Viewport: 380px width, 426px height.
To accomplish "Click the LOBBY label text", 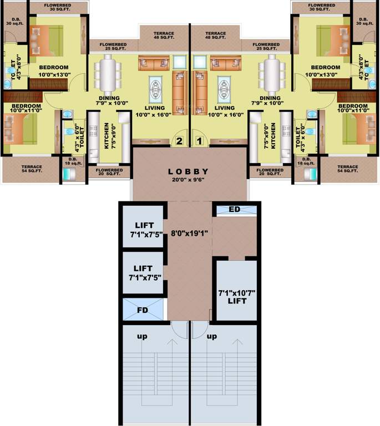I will pyautogui.click(x=189, y=171).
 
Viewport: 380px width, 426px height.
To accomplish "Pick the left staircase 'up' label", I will pyautogui.click(x=143, y=336).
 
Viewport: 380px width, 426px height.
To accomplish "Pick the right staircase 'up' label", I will pyautogui.click(x=211, y=336).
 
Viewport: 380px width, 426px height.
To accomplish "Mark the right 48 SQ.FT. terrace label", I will pyautogui.click(x=215, y=37).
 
